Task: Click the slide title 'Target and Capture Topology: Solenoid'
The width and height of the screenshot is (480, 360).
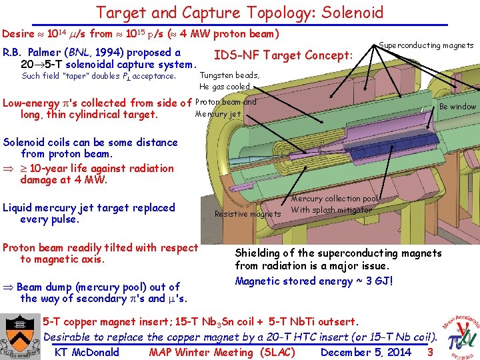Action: [x=240, y=12]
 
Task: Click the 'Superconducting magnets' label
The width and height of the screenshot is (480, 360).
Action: [x=425, y=45]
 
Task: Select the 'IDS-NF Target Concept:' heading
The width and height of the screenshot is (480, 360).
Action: [x=283, y=55]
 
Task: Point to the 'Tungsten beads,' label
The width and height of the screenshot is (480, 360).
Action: [x=229, y=75]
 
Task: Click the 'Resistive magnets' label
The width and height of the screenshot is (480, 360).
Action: [x=247, y=214]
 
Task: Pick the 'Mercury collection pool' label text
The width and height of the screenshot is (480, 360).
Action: [x=335, y=199]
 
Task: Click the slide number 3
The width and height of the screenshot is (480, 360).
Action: [x=430, y=352]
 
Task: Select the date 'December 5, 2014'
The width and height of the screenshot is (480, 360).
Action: [x=366, y=352]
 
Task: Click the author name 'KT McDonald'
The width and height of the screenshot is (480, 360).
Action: [x=87, y=352]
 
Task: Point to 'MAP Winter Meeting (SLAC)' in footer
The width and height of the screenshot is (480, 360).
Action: [x=222, y=352]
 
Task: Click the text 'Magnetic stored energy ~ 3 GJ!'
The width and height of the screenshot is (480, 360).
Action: [x=314, y=281]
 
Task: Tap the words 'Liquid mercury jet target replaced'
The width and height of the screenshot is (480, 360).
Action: [x=89, y=208]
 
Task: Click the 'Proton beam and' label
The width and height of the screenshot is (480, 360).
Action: [x=225, y=103]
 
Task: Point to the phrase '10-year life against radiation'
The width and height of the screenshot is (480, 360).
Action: [x=97, y=169]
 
